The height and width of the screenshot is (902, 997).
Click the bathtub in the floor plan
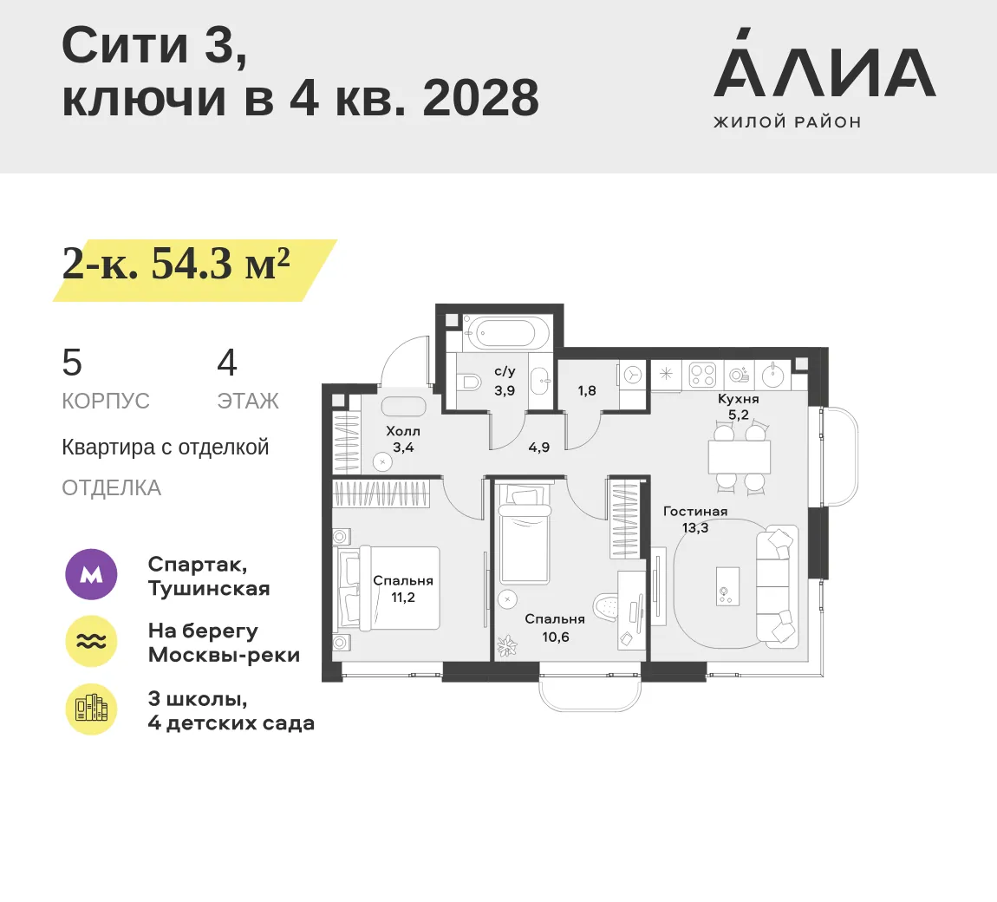pyautogui.click(x=506, y=331)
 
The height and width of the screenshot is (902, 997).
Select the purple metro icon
pyautogui.click(x=91, y=575)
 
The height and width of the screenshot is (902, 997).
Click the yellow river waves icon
pyautogui.click(x=91, y=641)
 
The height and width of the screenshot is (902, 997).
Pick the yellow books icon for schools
pyautogui.click(x=91, y=709)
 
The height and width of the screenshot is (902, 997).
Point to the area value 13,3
pyautogui.click(x=695, y=528)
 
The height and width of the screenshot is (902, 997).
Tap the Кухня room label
pyautogui.click(x=738, y=399)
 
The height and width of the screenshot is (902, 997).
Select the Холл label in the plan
pyautogui.click(x=403, y=431)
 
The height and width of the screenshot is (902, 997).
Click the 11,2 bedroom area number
pyautogui.click(x=403, y=598)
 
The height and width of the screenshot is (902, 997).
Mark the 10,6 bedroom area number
pyautogui.click(x=555, y=637)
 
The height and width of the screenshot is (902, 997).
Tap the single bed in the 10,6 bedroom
pyautogui.click(x=525, y=534)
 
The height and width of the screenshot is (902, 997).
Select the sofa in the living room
pyautogui.click(x=777, y=586)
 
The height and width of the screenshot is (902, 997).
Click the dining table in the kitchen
pyautogui.click(x=740, y=456)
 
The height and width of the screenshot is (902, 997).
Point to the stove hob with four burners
pyautogui.click(x=702, y=374)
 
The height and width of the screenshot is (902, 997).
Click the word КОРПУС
pyautogui.click(x=106, y=402)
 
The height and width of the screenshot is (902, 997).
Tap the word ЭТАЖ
pyautogui.click(x=248, y=402)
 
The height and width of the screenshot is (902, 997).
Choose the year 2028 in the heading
pyautogui.click(x=480, y=99)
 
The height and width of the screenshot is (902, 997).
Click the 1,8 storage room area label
pyautogui.click(x=587, y=390)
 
